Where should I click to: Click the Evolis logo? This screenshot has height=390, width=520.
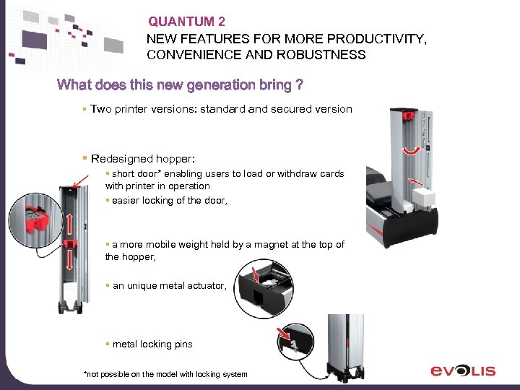pos(463,370)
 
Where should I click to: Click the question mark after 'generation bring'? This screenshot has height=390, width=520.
pos(299,85)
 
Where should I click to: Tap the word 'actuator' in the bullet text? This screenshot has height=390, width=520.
pos(205,286)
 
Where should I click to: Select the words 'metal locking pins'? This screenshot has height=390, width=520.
pos(152,344)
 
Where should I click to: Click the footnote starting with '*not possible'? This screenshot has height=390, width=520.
pos(165,374)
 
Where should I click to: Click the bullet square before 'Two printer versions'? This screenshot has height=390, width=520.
pos(84,109)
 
